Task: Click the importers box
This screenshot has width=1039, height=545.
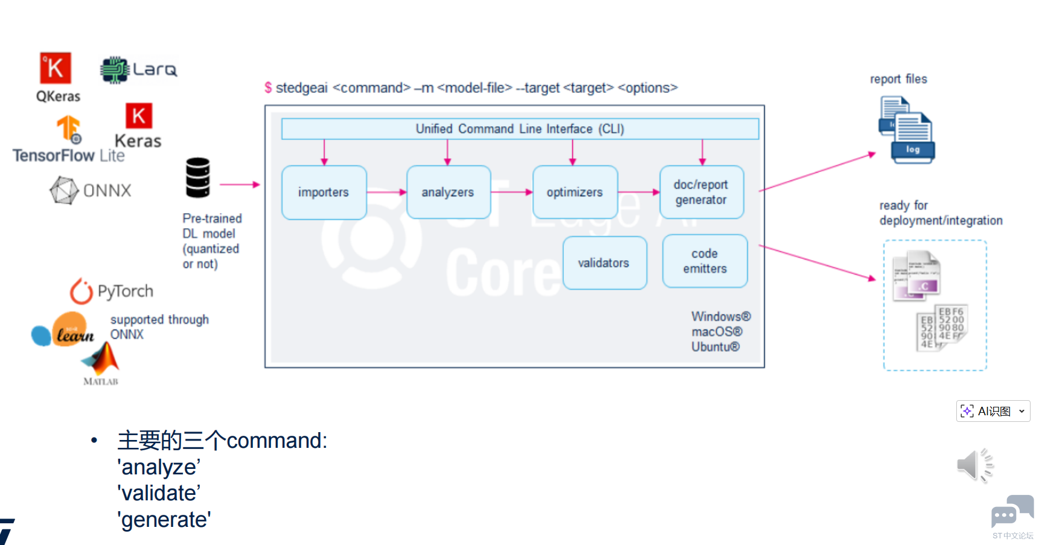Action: (x=324, y=193)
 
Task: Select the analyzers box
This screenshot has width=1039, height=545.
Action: (x=448, y=193)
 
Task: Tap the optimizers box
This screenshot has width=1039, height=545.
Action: (x=575, y=193)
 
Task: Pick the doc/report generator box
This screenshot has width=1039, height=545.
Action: (x=701, y=193)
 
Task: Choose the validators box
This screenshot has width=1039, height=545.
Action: (x=604, y=263)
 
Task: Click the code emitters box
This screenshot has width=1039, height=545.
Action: (x=705, y=261)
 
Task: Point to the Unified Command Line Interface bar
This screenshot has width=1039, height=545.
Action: (x=519, y=129)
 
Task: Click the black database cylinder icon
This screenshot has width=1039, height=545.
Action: (x=198, y=177)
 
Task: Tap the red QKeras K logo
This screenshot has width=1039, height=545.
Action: (x=56, y=68)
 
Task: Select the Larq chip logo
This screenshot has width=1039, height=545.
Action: (x=115, y=70)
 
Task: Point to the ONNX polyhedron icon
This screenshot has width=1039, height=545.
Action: (x=64, y=191)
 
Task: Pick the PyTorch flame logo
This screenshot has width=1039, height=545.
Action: (x=81, y=292)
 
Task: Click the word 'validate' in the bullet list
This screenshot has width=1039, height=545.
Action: (x=160, y=494)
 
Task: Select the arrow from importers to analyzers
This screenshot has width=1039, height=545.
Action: (x=386, y=193)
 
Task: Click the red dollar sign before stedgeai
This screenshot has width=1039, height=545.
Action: (x=268, y=88)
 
